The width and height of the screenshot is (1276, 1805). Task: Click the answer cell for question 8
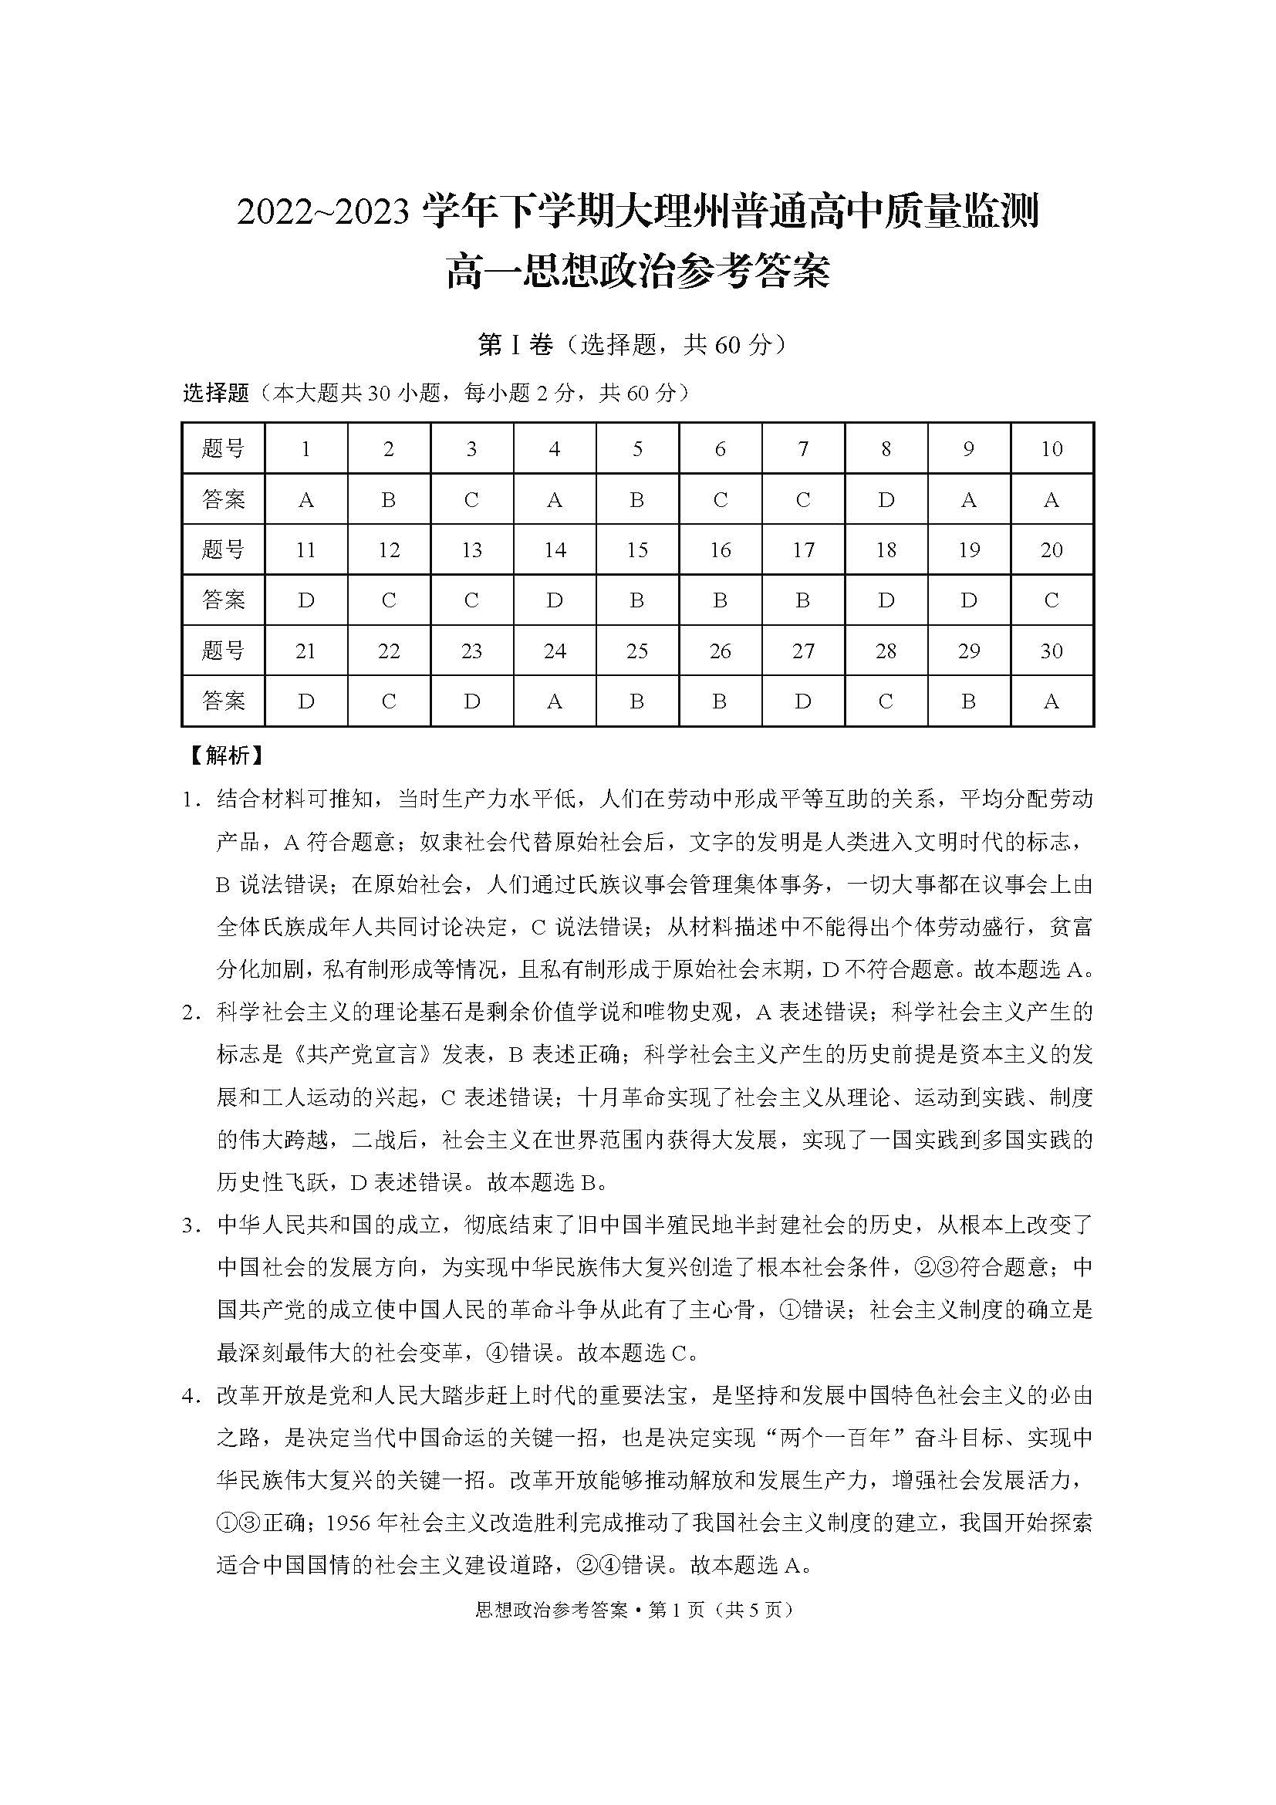pos(886,499)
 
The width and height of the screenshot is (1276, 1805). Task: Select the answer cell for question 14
pos(555,600)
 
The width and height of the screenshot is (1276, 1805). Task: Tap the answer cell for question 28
pos(886,701)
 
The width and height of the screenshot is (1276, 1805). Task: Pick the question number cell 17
pos(803,550)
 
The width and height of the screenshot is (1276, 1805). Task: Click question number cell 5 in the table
pos(637,449)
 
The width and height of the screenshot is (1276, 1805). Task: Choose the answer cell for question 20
pos(1052,600)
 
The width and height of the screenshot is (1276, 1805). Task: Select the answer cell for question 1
pos(306,499)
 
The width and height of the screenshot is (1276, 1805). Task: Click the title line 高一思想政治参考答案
pos(637,272)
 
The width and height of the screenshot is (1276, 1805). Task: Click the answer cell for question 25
pos(637,701)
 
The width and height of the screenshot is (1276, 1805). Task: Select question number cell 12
pos(389,550)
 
